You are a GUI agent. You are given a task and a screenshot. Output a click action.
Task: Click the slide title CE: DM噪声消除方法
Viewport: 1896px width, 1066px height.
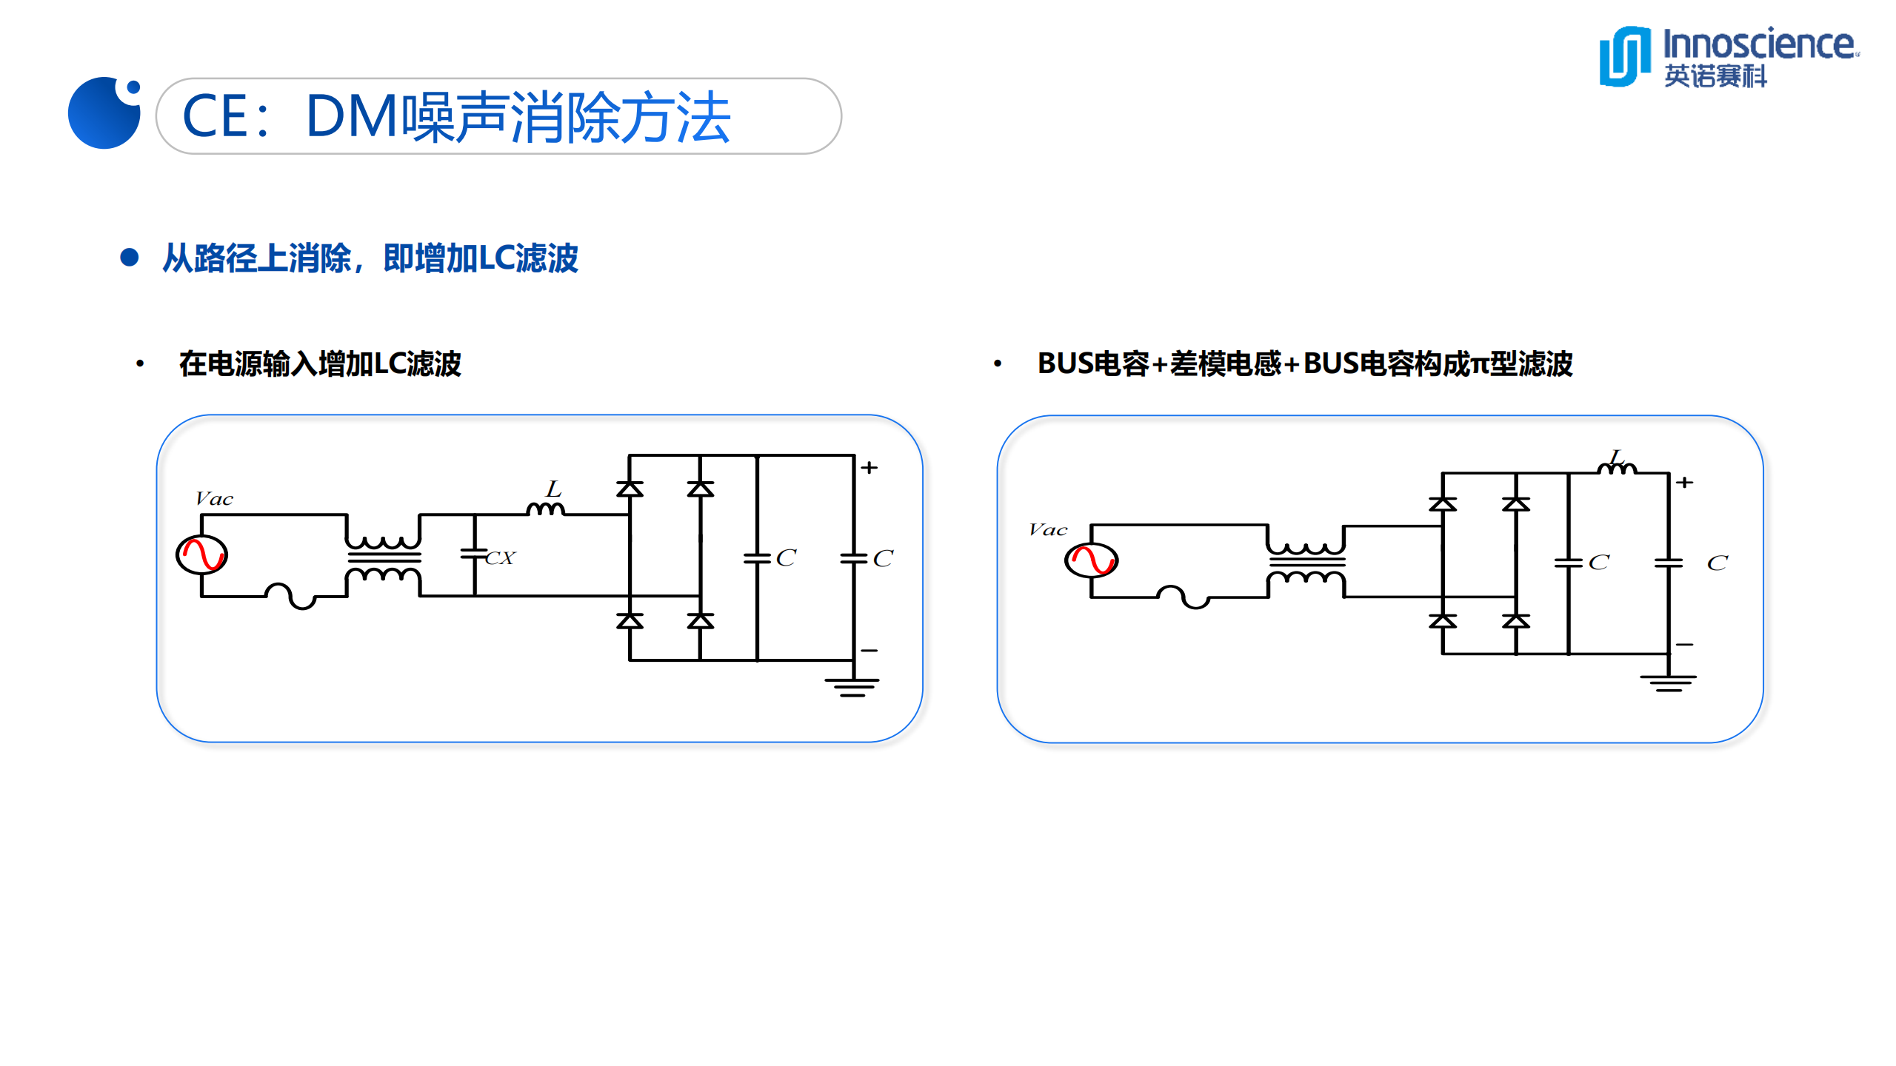456,117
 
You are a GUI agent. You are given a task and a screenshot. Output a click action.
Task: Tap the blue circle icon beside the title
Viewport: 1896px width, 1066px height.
104,113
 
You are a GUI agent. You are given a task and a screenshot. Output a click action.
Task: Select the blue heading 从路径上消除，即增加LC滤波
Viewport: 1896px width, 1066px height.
370,258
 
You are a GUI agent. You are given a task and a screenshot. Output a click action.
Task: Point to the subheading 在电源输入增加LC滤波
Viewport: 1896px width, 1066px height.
320,364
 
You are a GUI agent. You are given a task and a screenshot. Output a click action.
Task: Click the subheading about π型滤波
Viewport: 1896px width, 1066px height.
1304,364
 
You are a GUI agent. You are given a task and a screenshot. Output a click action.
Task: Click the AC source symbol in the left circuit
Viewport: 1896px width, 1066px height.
201,554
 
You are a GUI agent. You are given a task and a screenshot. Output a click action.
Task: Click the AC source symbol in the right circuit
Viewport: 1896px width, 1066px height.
1091,560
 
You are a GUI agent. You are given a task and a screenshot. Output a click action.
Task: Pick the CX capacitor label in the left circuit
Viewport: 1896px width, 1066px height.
501,558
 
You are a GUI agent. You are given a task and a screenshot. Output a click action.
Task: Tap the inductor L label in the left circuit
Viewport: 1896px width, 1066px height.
553,489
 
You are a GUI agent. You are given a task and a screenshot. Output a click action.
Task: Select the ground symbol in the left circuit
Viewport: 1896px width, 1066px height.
852,686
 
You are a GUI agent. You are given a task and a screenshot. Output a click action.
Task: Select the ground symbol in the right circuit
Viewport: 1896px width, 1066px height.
1668,683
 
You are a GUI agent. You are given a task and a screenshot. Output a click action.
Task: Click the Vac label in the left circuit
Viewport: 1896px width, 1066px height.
214,499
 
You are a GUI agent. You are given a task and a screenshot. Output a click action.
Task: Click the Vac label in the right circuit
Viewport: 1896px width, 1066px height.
1048,530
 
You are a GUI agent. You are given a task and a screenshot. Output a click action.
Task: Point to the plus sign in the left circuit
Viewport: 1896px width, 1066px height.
869,468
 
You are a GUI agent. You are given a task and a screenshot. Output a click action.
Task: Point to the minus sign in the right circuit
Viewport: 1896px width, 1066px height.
1685,645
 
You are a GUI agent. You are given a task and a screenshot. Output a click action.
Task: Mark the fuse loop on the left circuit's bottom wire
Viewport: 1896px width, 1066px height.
290,596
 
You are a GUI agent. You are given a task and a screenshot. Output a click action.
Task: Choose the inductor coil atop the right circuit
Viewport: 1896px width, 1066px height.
1617,467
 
